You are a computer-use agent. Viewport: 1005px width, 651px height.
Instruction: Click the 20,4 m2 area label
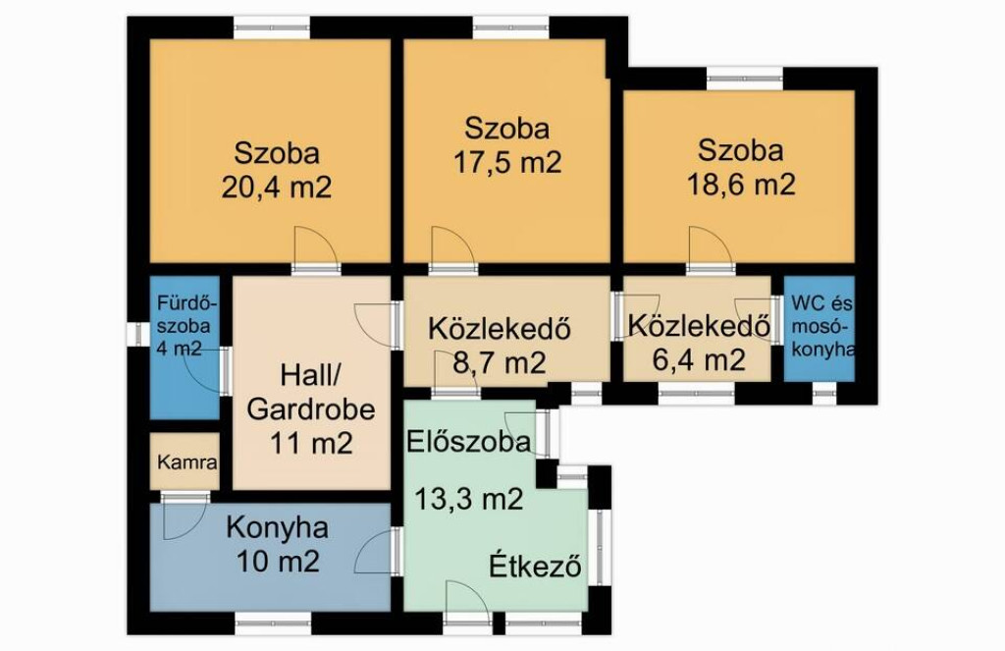(277, 188)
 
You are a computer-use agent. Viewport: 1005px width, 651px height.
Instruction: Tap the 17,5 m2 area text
(507, 162)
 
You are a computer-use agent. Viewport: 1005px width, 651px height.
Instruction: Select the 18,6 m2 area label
(742, 184)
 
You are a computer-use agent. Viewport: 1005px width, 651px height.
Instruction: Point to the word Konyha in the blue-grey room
(278, 528)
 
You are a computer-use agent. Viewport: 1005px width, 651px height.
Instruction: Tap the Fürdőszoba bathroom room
(185, 348)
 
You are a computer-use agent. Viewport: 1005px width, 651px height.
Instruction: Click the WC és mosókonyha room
(820, 328)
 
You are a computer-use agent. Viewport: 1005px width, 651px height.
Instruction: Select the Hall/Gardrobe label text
(311, 393)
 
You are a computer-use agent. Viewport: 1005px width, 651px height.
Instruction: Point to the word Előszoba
(468, 442)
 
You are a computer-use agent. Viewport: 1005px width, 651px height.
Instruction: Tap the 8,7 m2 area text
(500, 363)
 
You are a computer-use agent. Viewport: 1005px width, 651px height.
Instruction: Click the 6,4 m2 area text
(699, 359)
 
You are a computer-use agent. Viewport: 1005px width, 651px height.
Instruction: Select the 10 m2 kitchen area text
(278, 562)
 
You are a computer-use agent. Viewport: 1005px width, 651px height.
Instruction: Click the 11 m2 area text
(311, 443)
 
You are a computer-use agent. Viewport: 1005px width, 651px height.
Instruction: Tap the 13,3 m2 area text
(468, 499)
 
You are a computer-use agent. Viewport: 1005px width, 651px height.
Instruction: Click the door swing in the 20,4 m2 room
(314, 245)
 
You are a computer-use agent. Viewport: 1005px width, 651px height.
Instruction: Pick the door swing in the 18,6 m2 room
(709, 245)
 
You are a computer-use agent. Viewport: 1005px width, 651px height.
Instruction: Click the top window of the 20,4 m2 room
(272, 27)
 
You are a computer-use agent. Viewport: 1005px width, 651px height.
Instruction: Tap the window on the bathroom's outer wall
(137, 334)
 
